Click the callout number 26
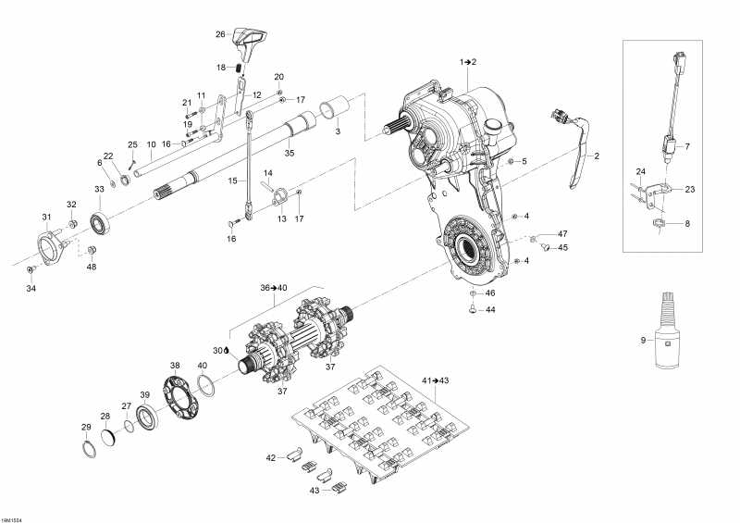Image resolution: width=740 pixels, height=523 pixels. pyautogui.click(x=220, y=34)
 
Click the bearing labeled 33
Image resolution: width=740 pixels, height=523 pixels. pyautogui.click(x=100, y=223)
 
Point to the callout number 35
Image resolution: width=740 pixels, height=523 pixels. pyautogui.click(x=289, y=153)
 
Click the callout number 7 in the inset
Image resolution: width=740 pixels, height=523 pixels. pyautogui.click(x=685, y=146)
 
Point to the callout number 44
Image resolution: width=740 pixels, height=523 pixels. pyautogui.click(x=491, y=310)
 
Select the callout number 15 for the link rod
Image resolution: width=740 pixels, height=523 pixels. pyautogui.click(x=234, y=181)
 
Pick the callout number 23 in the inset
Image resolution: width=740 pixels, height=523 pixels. pyautogui.click(x=690, y=189)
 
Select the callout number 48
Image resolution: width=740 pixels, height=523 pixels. pyautogui.click(x=91, y=268)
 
